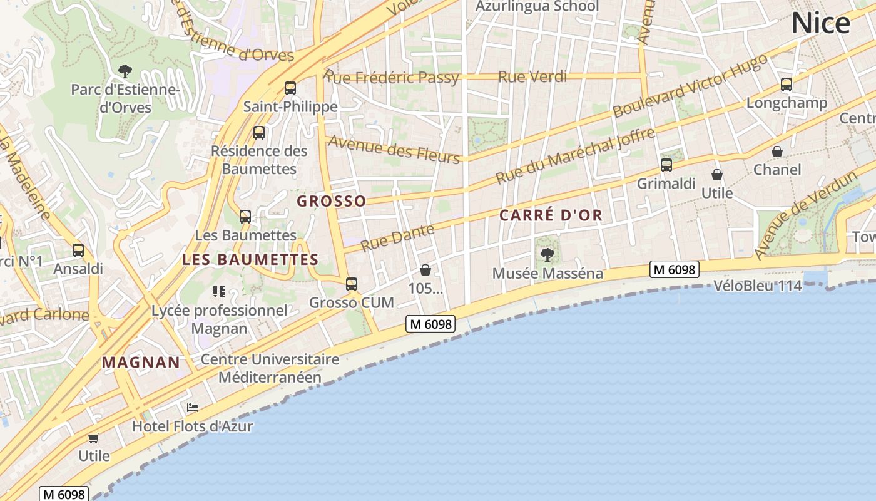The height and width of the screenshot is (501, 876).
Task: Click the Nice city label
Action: coord(820,23)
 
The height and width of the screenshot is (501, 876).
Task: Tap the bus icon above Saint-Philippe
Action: coord(290,88)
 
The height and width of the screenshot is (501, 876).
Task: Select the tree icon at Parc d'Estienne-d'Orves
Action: coord(125,71)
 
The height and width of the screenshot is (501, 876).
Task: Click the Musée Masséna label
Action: coord(547,274)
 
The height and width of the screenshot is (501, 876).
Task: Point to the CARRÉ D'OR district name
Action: coord(551,215)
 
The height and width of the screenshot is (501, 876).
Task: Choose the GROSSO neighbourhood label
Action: coord(331,201)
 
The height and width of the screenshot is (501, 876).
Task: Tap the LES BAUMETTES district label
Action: coord(250,259)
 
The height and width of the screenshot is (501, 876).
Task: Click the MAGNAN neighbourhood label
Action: coord(141,362)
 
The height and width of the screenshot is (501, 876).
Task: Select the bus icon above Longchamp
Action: coord(787,85)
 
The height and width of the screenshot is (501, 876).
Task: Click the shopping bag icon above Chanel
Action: coord(777,152)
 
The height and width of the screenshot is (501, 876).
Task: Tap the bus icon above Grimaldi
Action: coord(666,165)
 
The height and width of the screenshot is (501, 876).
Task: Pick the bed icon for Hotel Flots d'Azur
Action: coord(193,408)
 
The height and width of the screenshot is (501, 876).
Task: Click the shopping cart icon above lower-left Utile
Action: coord(94,438)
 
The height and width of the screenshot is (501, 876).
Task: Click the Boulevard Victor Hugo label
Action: coord(690,86)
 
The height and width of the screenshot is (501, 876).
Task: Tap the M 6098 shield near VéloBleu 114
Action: coord(674,269)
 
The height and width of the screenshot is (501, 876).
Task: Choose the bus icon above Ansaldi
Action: coord(78,250)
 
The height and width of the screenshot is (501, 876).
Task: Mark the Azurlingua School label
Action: coord(537,6)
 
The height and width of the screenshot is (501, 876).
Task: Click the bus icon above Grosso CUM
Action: coord(352,284)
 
